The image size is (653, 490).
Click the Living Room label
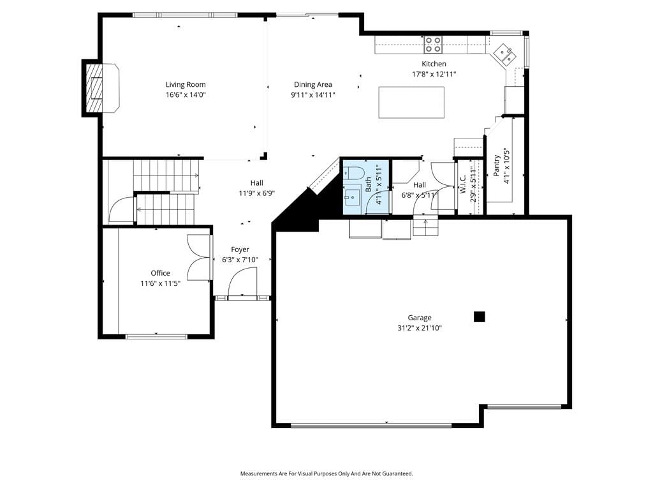point(186,85)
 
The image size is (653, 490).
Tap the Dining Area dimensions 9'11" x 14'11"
point(313,94)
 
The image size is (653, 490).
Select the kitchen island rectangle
point(411,103)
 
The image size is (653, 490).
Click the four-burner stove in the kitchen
point(433,45)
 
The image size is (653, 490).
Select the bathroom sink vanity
point(353,197)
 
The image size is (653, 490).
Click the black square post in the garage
point(480,316)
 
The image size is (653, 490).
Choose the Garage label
point(420,318)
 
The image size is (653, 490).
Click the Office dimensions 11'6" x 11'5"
point(160,284)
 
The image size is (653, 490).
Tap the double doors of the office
point(199,258)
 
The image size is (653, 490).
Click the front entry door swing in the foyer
point(242,281)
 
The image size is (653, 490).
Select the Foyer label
point(240,249)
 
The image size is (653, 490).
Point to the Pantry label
point(496,165)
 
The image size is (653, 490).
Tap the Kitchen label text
point(434,64)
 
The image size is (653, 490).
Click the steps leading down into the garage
point(425,227)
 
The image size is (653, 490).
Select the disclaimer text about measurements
point(326,474)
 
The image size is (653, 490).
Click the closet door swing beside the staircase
point(121,209)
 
